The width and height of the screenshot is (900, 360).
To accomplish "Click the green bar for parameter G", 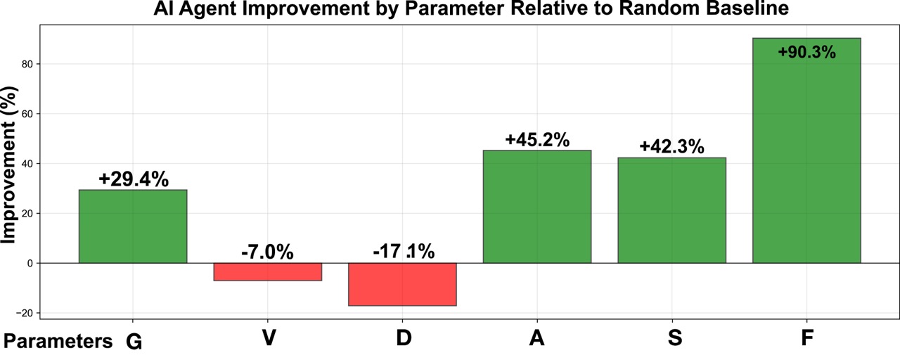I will click(133, 226).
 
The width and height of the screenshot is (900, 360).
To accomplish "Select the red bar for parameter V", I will click(267, 271).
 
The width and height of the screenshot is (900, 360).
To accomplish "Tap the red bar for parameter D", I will click(402, 284).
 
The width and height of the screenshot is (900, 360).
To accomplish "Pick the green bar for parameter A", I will click(537, 207).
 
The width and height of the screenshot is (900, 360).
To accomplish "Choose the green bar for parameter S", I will click(671, 210).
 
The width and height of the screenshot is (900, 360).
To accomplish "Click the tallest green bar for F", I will click(806, 150).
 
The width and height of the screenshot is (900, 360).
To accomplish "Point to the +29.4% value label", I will click(134, 179).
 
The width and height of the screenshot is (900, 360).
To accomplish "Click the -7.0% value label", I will click(267, 252).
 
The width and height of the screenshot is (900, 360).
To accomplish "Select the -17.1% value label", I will click(403, 252).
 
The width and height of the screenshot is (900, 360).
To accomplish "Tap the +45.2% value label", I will click(537, 140).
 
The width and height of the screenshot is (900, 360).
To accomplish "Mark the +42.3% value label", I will click(671, 147).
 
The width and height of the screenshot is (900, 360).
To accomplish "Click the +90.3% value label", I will click(806, 52).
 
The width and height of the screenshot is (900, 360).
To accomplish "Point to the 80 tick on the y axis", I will click(27, 64).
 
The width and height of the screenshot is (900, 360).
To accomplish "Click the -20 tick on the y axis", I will click(24, 313).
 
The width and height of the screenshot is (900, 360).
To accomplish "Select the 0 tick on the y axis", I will click(30, 263).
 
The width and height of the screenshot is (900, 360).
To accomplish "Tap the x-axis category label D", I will click(403, 338).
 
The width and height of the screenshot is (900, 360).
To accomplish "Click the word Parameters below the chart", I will click(58, 342).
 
